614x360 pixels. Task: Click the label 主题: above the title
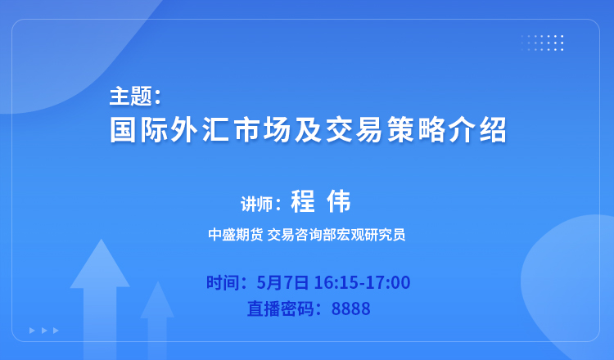[135, 97]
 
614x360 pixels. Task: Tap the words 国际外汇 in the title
[169, 129]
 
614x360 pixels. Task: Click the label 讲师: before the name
[261, 205]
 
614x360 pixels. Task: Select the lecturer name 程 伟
[321, 201]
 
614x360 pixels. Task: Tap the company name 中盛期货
[235, 234]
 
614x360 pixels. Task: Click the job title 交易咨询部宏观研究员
[336, 234]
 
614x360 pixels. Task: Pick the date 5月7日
[282, 282]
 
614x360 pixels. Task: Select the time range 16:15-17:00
[362, 282]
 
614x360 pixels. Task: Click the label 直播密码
[280, 308]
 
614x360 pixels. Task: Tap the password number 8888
[351, 308]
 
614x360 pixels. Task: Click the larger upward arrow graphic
[100, 297]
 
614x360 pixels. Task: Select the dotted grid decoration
[542, 43]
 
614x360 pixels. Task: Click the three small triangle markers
[44, 331]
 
